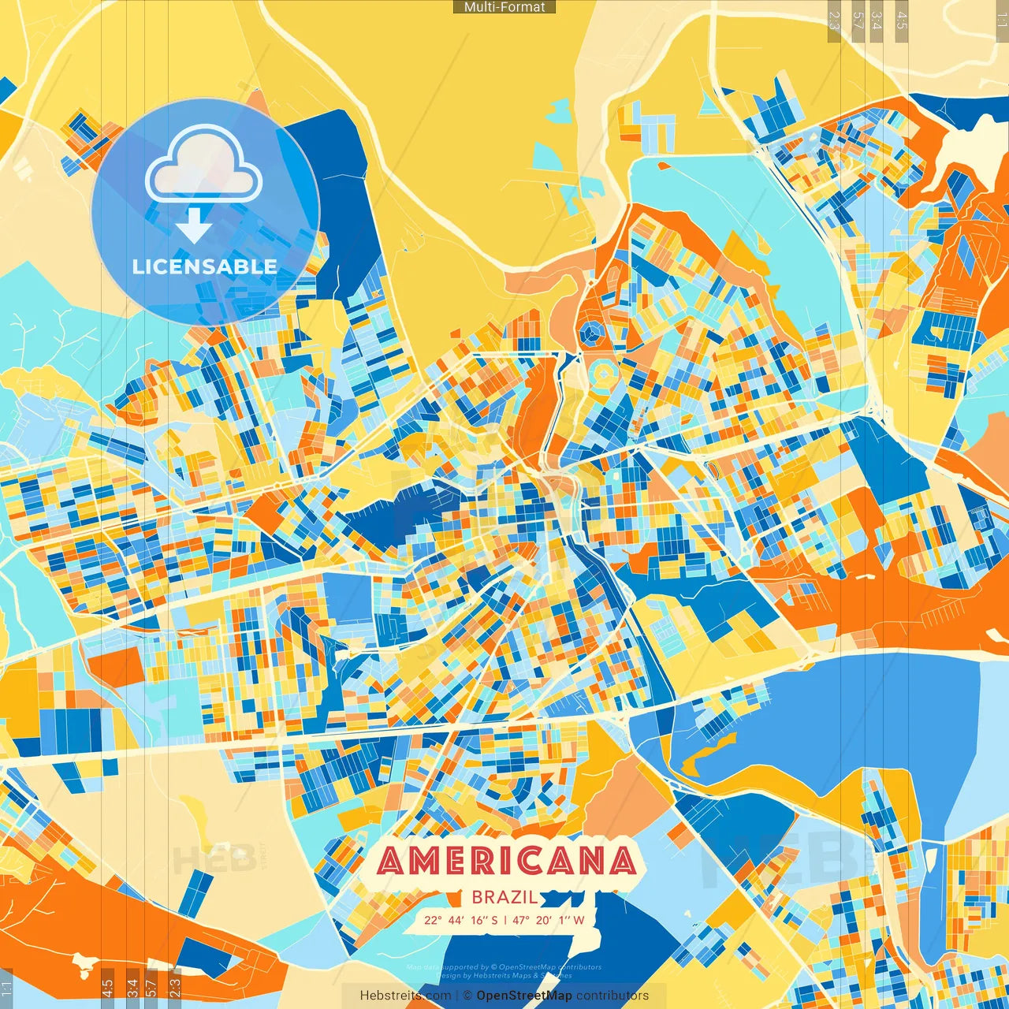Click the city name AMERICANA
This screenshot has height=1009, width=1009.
tap(507, 861)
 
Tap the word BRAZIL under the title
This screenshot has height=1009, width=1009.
tap(505, 897)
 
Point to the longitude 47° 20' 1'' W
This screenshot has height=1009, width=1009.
tap(549, 920)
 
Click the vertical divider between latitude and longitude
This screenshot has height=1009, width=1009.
tap(505, 920)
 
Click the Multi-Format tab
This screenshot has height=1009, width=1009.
tap(504, 7)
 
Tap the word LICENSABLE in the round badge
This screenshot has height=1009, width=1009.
tap(205, 266)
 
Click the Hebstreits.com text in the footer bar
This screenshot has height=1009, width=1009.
tap(405, 996)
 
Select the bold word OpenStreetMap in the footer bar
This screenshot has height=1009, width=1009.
tap(524, 996)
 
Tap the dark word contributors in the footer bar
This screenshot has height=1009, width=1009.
tap(612, 996)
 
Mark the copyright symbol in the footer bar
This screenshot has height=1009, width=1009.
tap(467, 996)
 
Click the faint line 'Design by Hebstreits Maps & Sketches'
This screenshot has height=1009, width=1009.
tap(504, 976)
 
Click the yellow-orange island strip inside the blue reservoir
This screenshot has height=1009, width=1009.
tap(709, 753)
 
